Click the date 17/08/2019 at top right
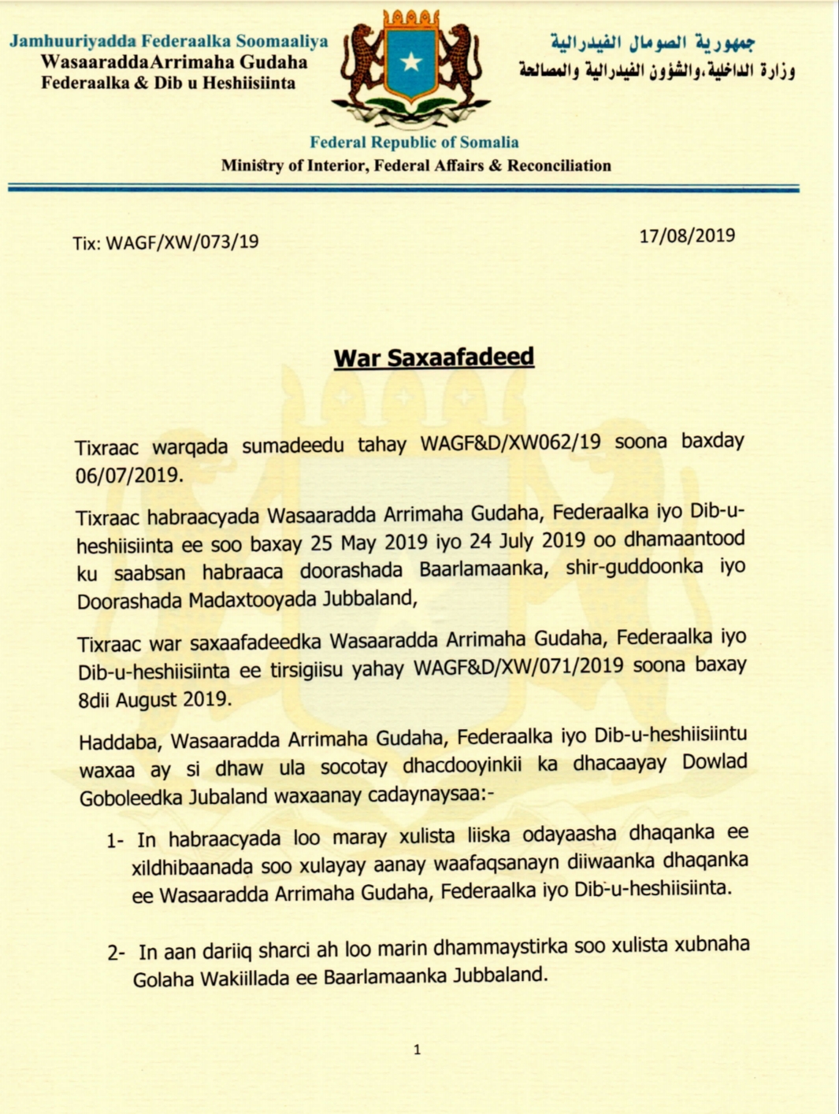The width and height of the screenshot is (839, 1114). pyautogui.click(x=687, y=236)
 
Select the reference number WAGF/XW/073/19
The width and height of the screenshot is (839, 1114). pyautogui.click(x=182, y=242)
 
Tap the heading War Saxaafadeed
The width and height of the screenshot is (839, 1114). pyautogui.click(x=433, y=357)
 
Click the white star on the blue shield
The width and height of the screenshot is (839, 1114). pyautogui.click(x=411, y=62)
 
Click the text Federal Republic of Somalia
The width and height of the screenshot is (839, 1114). pyautogui.click(x=414, y=142)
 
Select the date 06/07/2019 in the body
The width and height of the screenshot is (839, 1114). pyautogui.click(x=128, y=476)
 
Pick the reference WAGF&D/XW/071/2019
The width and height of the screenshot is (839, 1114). pyautogui.click(x=518, y=667)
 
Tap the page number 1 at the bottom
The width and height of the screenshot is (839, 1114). pyautogui.click(x=417, y=1049)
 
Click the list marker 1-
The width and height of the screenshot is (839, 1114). pyautogui.click(x=116, y=841)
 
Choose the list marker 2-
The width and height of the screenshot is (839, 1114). pyautogui.click(x=117, y=953)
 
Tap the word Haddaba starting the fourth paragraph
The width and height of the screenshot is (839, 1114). pyautogui.click(x=117, y=742)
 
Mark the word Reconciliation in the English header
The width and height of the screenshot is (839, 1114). pyautogui.click(x=559, y=165)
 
